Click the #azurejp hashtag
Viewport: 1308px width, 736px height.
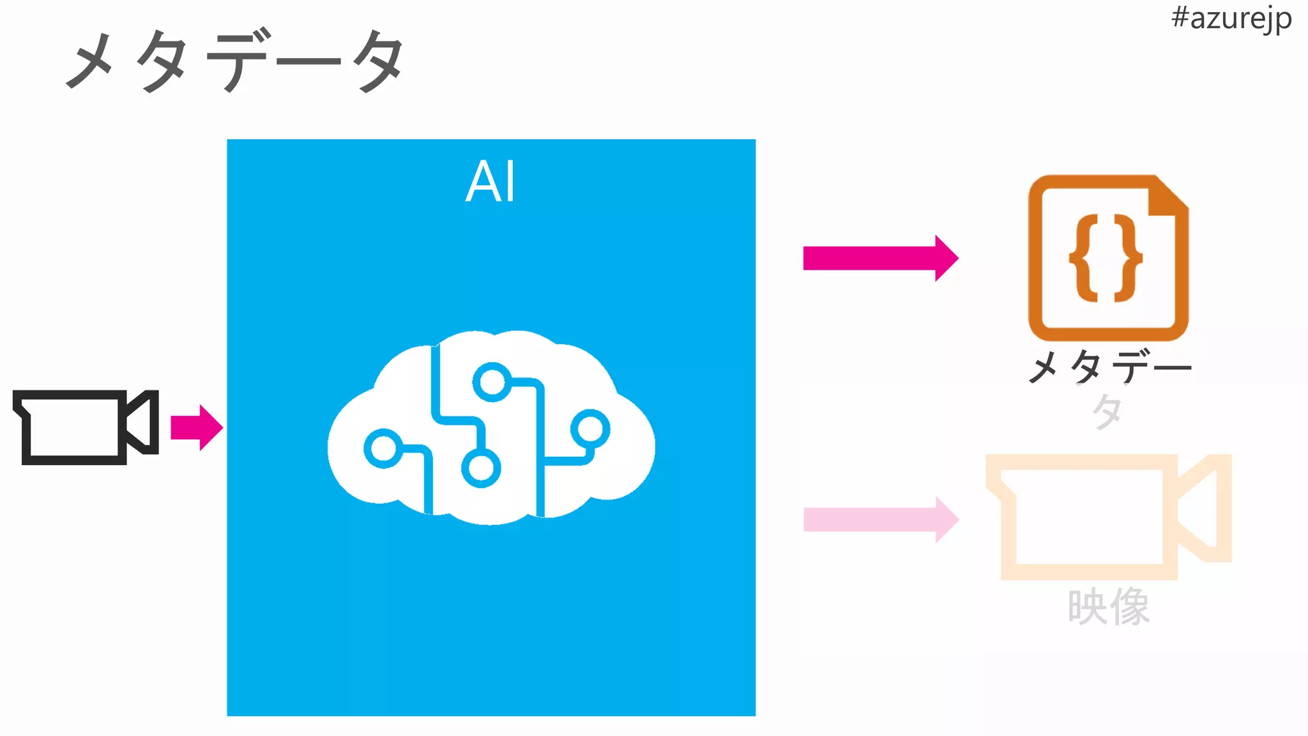[1231, 19]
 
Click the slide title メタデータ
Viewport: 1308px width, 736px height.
[235, 61]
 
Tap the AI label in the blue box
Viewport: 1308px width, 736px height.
[490, 181]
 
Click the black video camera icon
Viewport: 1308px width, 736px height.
[84, 426]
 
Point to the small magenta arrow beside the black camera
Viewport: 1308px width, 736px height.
[197, 427]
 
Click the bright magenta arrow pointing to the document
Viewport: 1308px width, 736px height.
[880, 258]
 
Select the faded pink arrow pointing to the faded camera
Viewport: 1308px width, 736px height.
[880, 519]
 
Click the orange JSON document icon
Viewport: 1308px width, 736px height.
[1107, 258]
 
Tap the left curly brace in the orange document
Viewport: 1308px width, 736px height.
[1084, 258]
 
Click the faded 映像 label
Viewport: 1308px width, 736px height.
[1108, 607]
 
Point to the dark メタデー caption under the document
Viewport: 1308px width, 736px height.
[1109, 367]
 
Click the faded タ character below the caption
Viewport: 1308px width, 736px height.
[1107, 411]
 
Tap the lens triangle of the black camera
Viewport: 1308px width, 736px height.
[142, 422]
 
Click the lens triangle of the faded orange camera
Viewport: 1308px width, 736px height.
[1203, 508]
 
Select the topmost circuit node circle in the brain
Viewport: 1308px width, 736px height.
[492, 382]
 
